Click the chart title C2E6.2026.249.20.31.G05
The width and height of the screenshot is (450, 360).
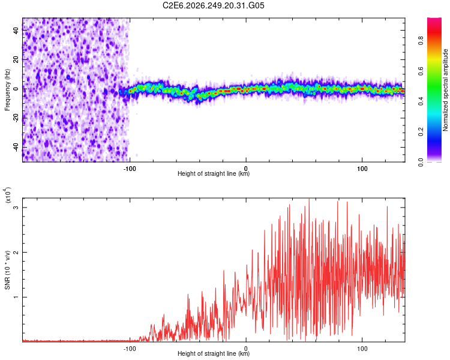213,5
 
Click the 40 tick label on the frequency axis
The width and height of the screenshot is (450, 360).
16,30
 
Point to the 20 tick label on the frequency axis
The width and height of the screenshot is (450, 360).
16,59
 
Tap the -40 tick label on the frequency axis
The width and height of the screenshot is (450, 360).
16,146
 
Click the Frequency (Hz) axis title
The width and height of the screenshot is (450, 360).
7,90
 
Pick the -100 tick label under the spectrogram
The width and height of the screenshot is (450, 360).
130,169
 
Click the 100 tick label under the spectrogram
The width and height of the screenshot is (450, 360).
362,169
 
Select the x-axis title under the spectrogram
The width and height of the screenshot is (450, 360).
214,173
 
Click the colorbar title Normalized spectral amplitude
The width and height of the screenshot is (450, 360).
445,90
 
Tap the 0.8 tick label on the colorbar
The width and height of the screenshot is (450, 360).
421,40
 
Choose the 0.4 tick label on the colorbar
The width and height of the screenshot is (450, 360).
421,101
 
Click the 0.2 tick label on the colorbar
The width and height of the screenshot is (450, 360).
421,132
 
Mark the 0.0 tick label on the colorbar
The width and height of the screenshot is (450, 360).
421,162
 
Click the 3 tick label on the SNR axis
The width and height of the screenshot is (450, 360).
16,207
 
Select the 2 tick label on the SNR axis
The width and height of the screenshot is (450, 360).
16,252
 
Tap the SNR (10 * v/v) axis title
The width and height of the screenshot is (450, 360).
7,270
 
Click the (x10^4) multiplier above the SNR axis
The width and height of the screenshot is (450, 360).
8,195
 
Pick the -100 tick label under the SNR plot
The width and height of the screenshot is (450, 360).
130,349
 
